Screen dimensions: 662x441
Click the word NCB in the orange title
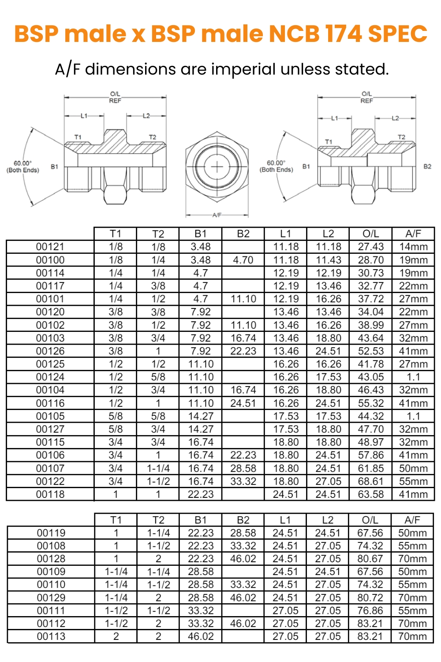tap(294, 34)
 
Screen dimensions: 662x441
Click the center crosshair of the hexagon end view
tap(217, 167)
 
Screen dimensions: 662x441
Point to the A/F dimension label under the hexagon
tap(217, 215)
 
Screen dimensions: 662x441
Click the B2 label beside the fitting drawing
tap(427, 166)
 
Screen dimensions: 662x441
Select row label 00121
tap(50, 247)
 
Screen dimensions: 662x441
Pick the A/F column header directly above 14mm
tap(413, 234)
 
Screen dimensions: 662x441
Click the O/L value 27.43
tap(370, 247)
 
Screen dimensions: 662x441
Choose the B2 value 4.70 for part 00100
tap(243, 260)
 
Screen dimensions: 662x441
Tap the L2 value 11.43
tap(328, 260)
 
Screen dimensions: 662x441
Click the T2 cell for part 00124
tap(158, 377)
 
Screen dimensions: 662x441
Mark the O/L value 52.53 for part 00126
tap(370, 351)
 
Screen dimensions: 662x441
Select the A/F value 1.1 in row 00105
tap(413, 416)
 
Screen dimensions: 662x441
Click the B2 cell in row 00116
tap(243, 403)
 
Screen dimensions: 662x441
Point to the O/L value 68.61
tap(370, 481)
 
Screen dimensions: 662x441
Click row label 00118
tap(50, 494)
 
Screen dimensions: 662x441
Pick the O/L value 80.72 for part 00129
tap(370, 598)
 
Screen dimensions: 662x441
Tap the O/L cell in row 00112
tap(370, 624)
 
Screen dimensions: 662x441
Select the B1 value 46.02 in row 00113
tap(201, 636)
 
